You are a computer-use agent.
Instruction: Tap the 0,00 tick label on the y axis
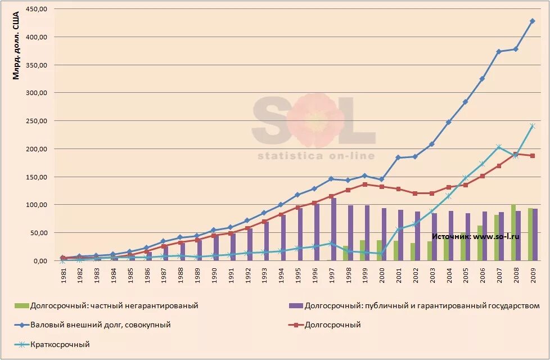40,261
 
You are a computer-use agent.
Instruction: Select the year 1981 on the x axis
63,275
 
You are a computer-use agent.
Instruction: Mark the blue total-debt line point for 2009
532,21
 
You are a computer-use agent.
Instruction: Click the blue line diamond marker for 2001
398,157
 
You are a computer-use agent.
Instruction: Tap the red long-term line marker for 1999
364,184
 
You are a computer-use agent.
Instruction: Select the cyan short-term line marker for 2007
499,147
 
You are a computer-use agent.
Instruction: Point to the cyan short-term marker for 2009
532,126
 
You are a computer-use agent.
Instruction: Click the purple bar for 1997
333,229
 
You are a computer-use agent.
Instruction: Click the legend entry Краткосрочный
60,344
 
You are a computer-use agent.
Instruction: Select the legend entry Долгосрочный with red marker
332,325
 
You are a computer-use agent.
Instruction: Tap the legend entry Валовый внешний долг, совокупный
101,325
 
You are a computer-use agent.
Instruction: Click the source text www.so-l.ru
495,237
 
